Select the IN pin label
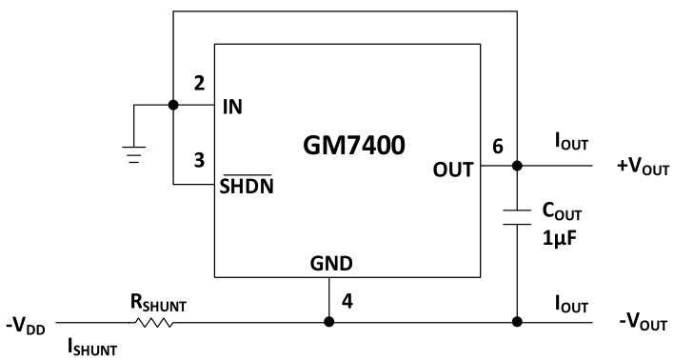(232, 106)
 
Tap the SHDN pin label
(248, 183)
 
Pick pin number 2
(198, 84)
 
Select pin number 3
(198, 162)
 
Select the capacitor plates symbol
(516, 214)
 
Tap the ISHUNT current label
(89, 349)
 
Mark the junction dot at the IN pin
(172, 106)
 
